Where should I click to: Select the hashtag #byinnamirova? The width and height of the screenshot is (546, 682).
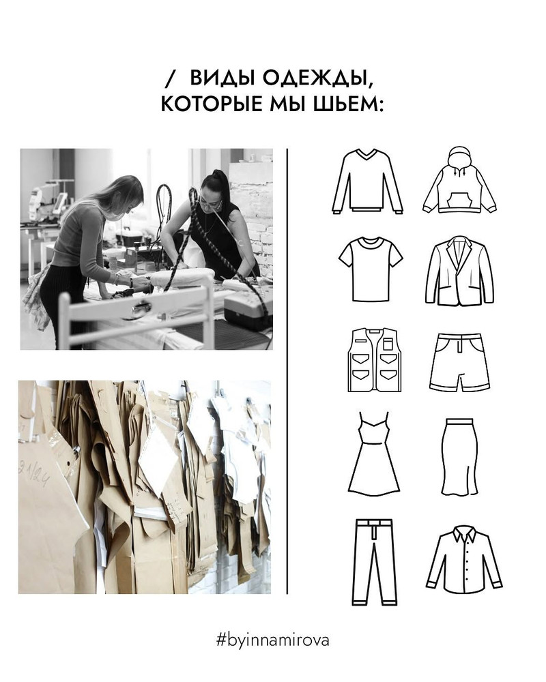pos(272,640)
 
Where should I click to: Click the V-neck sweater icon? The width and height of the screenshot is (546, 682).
pos(367,181)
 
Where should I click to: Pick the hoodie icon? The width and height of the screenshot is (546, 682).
pos(459,179)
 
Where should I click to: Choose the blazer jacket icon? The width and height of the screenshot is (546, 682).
pos(459,271)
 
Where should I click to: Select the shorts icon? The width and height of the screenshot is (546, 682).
pos(460,362)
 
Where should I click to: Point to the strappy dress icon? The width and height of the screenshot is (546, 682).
pos(373,454)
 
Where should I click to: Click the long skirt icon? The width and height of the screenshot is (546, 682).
pos(460,457)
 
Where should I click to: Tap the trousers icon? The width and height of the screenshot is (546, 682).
pos(375,562)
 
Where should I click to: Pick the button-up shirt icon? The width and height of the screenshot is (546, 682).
pos(464,559)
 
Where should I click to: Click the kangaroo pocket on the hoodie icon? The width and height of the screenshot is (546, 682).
pos(459,199)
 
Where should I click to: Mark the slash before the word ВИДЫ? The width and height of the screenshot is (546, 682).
pos(171,78)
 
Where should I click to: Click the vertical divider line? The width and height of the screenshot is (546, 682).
pos(287,371)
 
